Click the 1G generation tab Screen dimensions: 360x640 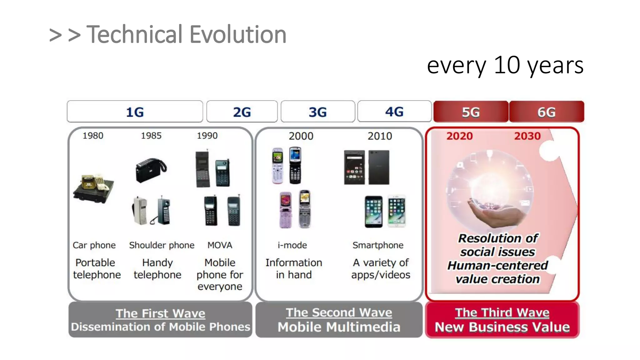tap(135, 112)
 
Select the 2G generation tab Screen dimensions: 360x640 tap(242, 112)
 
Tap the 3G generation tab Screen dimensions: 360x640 tap(318, 112)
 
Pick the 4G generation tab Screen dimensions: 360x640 tap(394, 112)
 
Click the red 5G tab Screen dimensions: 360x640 tap(471, 112)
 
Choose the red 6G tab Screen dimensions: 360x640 tap(547, 112)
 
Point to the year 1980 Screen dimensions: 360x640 tap(93, 136)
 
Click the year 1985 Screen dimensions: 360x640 tap(151, 136)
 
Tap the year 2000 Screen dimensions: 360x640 tap(301, 136)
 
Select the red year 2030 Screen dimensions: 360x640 tap(527, 136)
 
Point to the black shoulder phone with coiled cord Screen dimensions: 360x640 tap(151, 170)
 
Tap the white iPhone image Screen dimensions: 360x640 tap(397, 211)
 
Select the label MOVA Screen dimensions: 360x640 tap(220, 245)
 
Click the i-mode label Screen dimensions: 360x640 tap(292, 245)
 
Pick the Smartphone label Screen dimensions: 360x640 tap(378, 245)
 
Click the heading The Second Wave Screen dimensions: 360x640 tap(339, 312)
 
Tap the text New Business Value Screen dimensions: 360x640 tap(502, 327)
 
